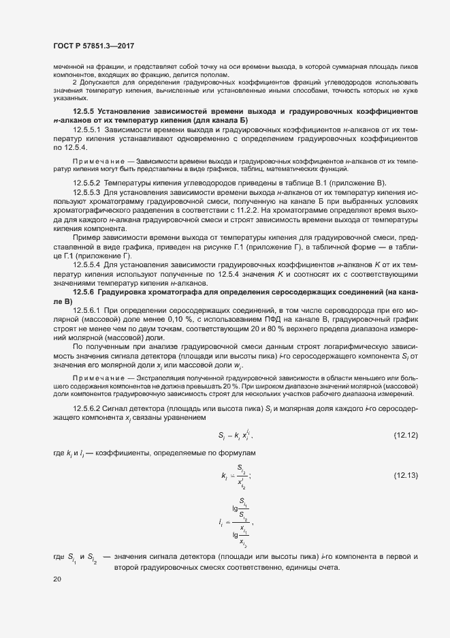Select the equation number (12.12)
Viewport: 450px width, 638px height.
point(406,435)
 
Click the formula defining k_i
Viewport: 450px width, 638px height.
point(235,476)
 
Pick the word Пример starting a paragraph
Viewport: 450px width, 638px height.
point(85,236)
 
